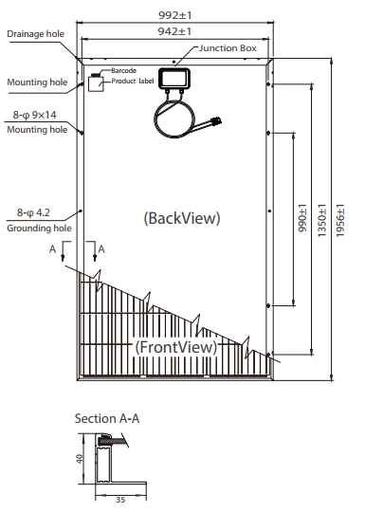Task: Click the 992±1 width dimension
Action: pos(174,15)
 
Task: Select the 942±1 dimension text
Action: pos(174,31)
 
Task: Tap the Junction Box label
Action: pos(228,48)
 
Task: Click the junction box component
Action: pos(173,79)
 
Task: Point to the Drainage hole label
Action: pos(36,34)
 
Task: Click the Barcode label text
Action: pos(124,70)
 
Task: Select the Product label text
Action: pos(133,81)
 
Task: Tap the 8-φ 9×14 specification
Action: pos(35,115)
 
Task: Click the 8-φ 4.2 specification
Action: pos(33,213)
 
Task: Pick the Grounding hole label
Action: pos(39,228)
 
